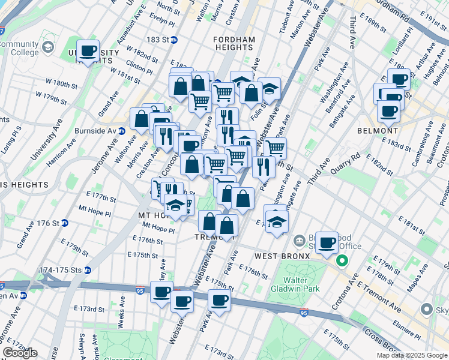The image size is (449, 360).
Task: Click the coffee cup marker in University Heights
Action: point(89,50)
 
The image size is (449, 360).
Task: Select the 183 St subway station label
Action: point(158,40)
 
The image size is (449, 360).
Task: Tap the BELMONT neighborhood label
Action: point(394,130)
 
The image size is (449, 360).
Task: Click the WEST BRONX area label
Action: point(282,256)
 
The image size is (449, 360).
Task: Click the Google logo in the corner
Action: point(20,352)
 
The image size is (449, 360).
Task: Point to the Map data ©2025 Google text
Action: point(412,355)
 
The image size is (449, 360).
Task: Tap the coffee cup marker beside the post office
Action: point(327,242)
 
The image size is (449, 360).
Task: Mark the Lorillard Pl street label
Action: point(403,38)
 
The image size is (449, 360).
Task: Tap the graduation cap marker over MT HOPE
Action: point(175,205)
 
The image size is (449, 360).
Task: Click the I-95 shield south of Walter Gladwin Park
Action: point(304,313)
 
